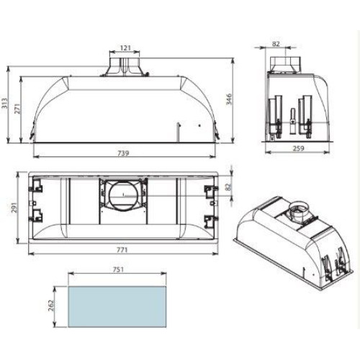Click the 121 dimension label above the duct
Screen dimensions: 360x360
[x=125, y=48]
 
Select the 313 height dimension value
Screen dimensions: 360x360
[x=5, y=103]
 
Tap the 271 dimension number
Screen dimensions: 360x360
[x=17, y=109]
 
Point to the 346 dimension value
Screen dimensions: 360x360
[x=229, y=99]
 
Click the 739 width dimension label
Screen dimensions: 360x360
[x=124, y=153]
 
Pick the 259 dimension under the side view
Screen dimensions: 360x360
[x=298, y=148]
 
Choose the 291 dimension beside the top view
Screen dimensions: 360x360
[x=14, y=208]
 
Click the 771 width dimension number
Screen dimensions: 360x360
[x=122, y=251]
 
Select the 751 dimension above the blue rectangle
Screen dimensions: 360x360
[x=118, y=269]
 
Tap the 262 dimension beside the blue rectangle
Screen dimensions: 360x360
[x=51, y=306]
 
